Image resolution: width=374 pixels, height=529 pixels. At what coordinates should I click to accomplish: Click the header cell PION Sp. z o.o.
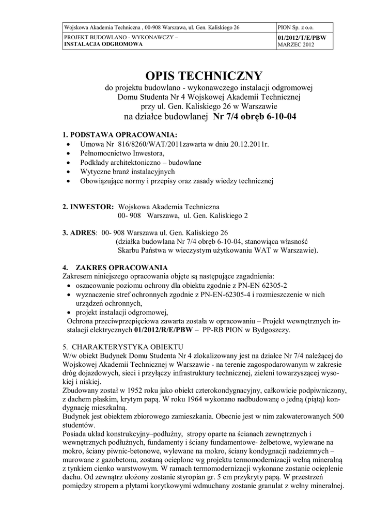[295, 26]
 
